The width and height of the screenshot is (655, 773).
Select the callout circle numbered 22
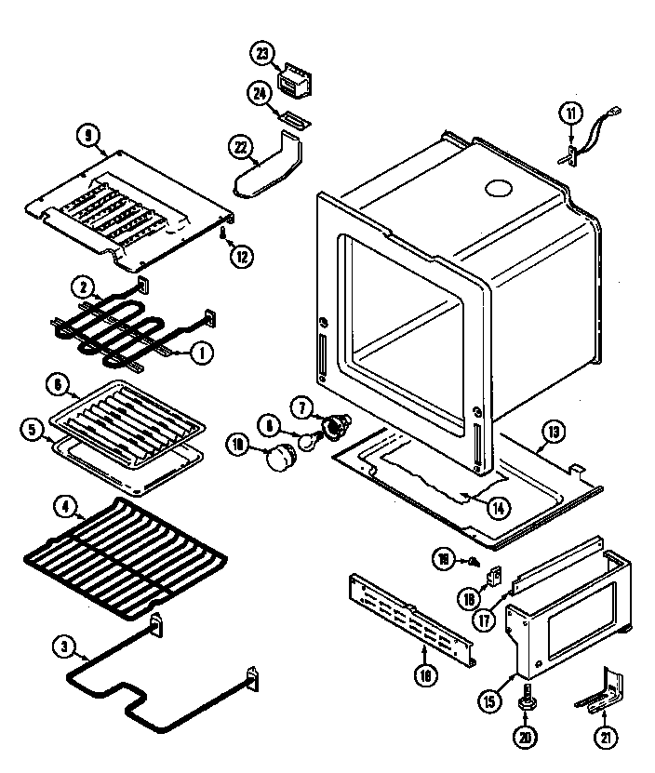pyautogui.click(x=241, y=147)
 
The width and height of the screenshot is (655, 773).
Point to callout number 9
pyautogui.click(x=88, y=136)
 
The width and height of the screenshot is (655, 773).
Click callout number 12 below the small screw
pyautogui.click(x=241, y=258)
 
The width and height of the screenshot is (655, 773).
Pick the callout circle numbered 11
pyautogui.click(x=569, y=114)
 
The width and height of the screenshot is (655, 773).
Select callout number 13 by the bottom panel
pyautogui.click(x=554, y=431)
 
